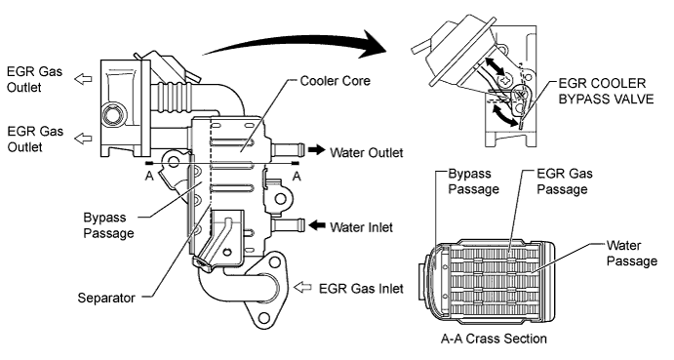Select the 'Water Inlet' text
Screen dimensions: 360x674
point(360,227)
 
